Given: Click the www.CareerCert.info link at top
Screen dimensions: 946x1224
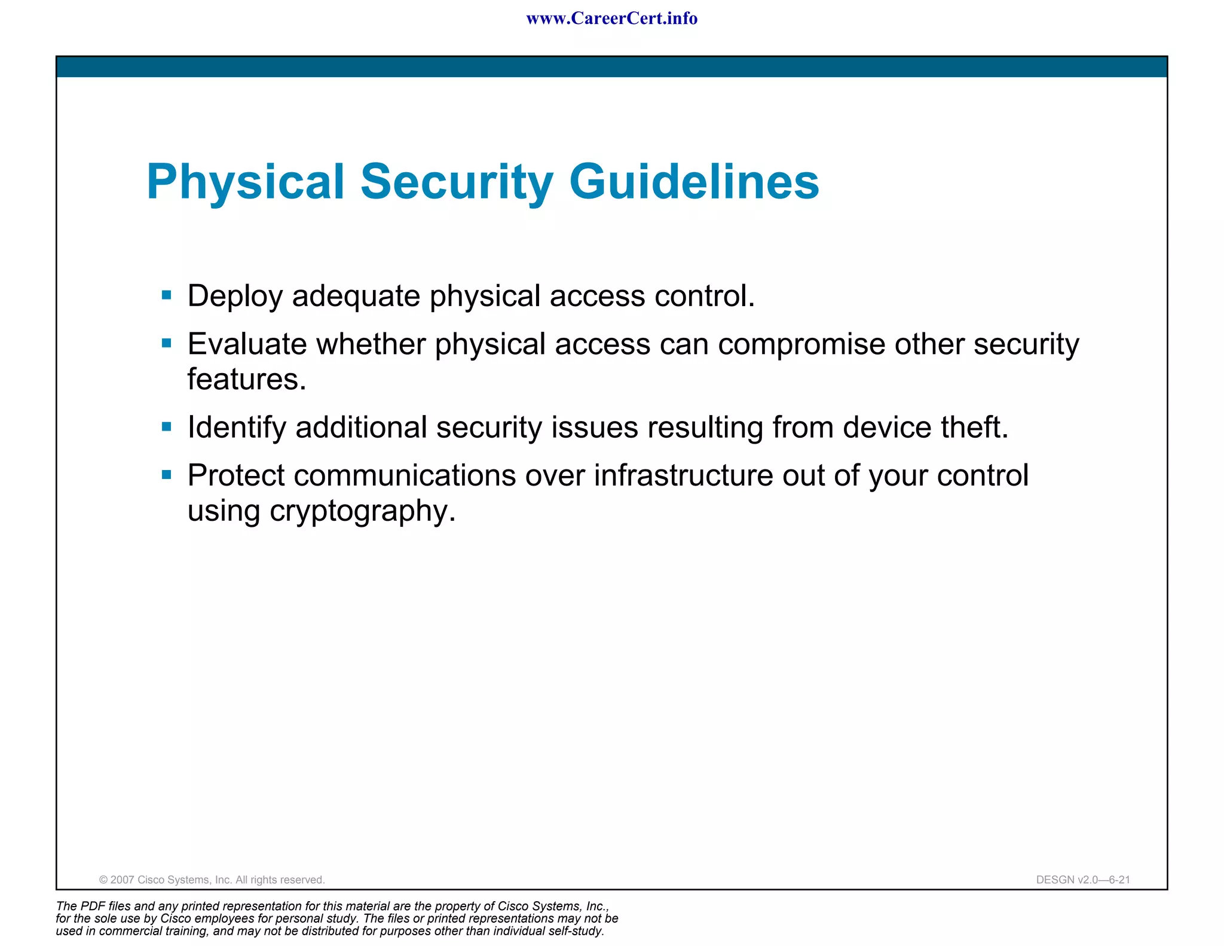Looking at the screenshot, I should (x=611, y=19).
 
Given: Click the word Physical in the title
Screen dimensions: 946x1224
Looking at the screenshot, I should (x=246, y=182).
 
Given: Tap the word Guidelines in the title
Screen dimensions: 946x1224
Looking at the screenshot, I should (x=694, y=182).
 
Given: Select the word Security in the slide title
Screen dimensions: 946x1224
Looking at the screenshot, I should (x=457, y=182).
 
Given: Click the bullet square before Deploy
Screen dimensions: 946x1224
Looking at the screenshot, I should (x=167, y=295).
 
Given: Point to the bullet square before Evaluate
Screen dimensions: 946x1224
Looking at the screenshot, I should (x=167, y=343).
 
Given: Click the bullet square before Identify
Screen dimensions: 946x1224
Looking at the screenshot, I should (x=167, y=426).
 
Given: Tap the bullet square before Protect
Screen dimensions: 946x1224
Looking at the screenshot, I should (x=167, y=475).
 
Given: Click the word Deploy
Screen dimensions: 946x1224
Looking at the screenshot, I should (x=234, y=297).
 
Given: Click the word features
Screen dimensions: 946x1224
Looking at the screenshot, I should (x=246, y=379).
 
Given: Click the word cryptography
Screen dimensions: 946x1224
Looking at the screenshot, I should (x=362, y=512).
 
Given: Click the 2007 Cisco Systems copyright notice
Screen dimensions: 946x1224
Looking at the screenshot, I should (x=212, y=880).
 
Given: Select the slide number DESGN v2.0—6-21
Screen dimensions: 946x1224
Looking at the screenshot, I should (x=1083, y=880).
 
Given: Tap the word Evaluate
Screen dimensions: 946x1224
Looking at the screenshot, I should (x=248, y=344).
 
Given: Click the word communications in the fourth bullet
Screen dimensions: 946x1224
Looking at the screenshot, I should (x=405, y=476).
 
